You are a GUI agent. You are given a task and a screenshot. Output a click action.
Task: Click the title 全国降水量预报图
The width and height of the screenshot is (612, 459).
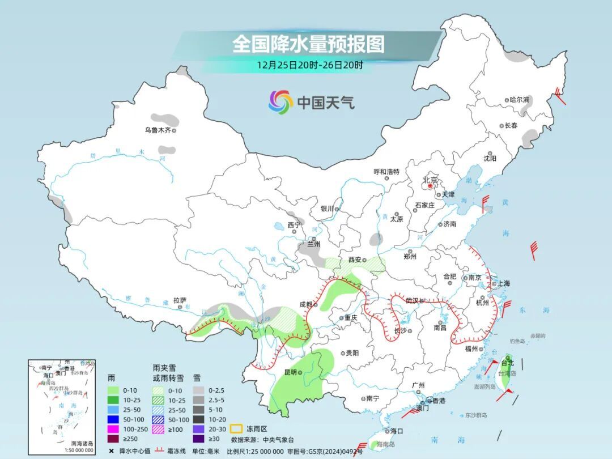coord(308,44)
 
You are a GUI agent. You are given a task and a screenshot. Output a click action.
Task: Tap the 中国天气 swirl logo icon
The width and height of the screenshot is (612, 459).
coord(280,102)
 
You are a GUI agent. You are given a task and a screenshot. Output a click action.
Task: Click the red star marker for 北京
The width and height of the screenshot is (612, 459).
coord(430,185)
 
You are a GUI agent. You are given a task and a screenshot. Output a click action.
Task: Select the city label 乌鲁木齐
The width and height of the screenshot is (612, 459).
coord(157,130)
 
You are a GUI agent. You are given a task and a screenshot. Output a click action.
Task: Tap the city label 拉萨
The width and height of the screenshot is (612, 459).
coord(180,300)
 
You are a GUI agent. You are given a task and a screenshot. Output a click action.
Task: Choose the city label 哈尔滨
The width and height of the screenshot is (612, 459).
coord(519,100)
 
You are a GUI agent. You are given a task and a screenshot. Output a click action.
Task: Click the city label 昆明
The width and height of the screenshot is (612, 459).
coord(290,372)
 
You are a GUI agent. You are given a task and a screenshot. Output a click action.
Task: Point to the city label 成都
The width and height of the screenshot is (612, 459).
coord(306,304)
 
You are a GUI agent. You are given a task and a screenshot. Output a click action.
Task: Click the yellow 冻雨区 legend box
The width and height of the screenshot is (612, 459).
coord(237,430)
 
